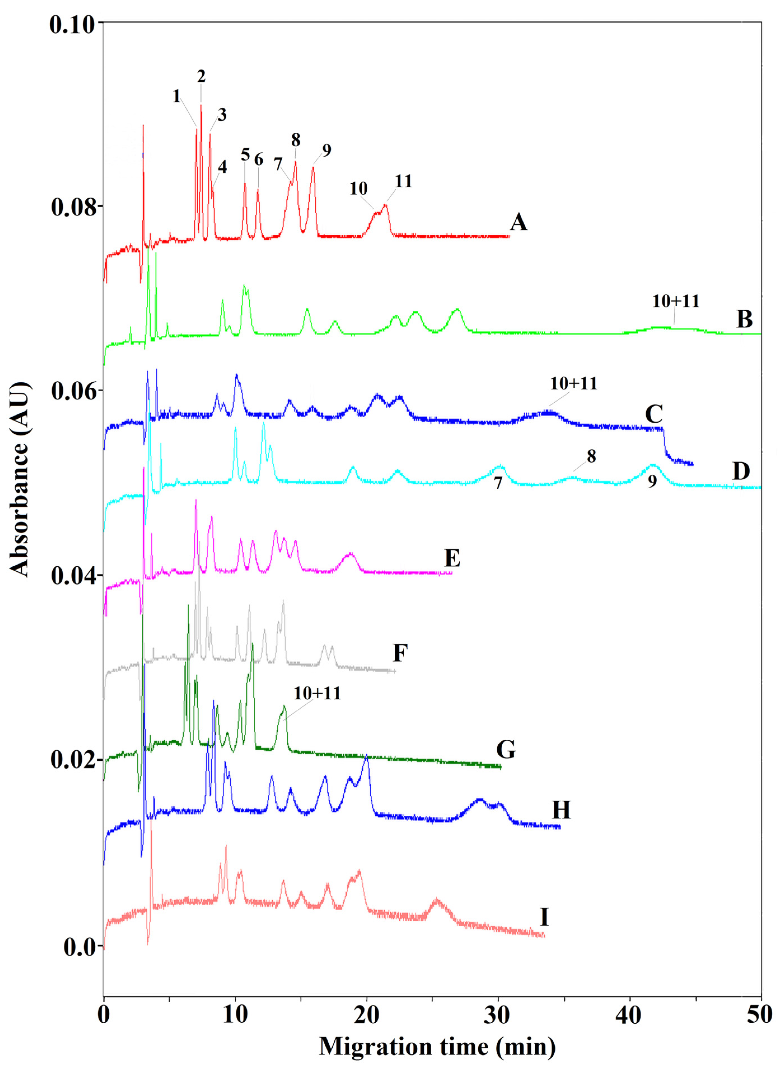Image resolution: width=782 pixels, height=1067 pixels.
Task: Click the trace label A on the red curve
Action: (x=519, y=222)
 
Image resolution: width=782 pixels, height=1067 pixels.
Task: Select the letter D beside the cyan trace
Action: (x=741, y=471)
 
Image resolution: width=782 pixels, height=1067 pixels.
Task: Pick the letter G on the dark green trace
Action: (x=506, y=750)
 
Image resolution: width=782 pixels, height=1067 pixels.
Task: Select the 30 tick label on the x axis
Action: (x=498, y=1016)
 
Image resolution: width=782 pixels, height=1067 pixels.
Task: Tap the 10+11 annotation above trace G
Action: (x=317, y=693)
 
